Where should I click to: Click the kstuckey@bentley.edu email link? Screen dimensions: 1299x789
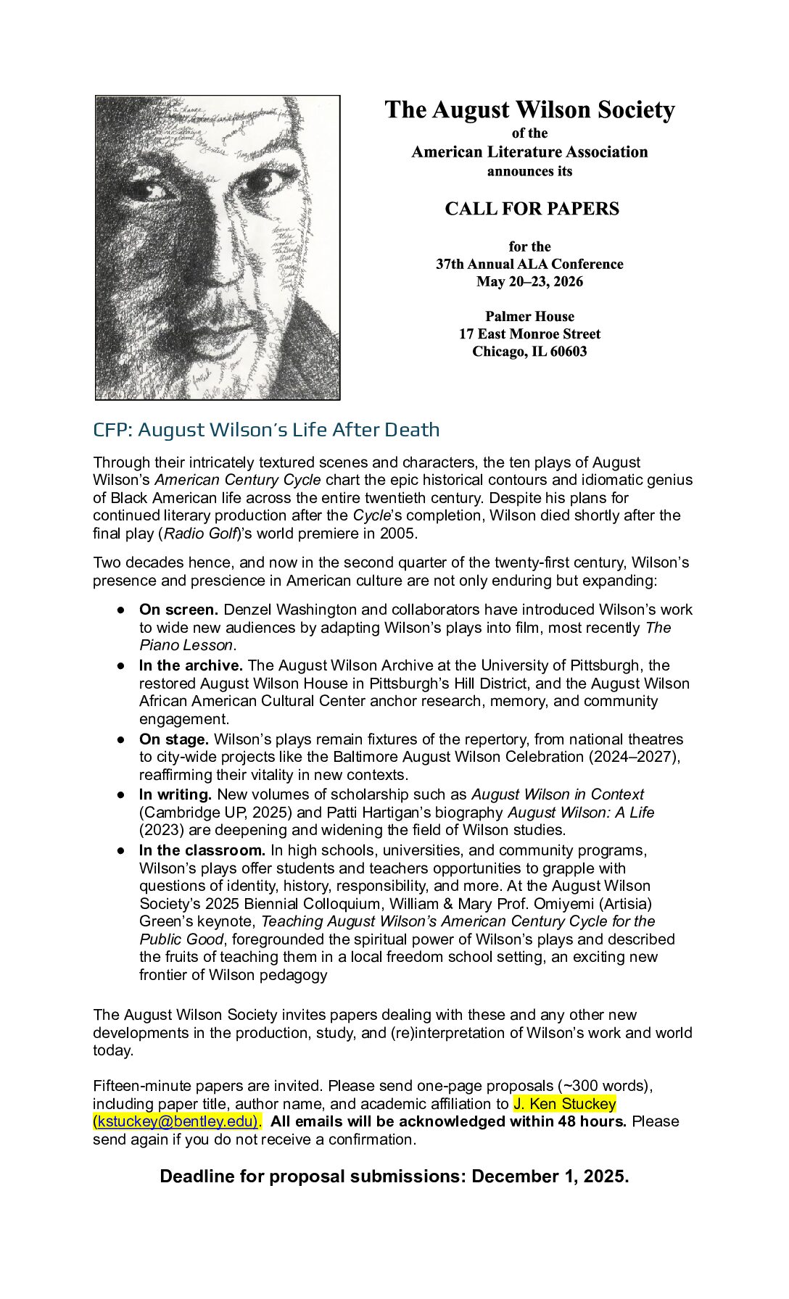176,1121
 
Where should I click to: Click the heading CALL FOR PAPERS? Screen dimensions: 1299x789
532,209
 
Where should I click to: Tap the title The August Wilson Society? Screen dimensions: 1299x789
529,110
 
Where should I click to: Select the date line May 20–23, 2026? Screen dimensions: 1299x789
529,282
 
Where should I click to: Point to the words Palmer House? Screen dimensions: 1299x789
529,317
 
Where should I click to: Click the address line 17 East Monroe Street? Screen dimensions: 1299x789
529,334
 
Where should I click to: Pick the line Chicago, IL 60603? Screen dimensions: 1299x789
529,352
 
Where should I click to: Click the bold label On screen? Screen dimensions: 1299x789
178,610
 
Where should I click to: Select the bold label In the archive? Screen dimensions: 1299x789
191,665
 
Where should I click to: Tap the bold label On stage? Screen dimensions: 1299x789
174,739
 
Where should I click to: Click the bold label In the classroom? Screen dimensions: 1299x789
202,850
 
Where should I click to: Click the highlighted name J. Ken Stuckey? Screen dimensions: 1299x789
565,1104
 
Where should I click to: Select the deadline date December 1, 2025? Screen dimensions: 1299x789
549,1176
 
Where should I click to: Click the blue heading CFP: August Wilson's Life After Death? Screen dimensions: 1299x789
266,430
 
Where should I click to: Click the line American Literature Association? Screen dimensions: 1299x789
529,152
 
